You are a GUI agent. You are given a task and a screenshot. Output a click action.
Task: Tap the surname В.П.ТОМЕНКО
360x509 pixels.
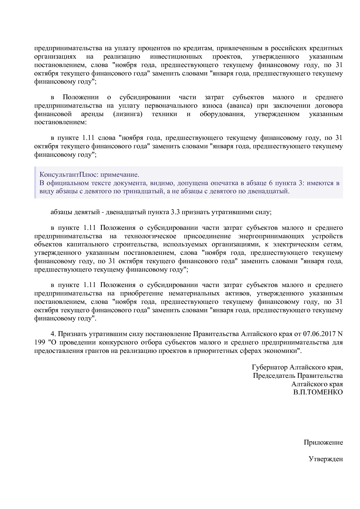(x=318, y=392)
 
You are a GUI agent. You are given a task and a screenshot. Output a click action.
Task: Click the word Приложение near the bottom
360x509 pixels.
(x=323, y=443)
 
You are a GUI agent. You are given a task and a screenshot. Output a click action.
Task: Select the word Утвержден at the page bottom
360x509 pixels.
(x=325, y=459)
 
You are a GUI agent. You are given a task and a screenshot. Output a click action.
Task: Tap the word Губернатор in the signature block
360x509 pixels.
(x=270, y=367)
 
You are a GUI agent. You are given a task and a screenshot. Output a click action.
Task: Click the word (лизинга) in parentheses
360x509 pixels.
(x=128, y=114)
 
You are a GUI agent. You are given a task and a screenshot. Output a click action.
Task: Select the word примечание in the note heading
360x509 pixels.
(x=123, y=175)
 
